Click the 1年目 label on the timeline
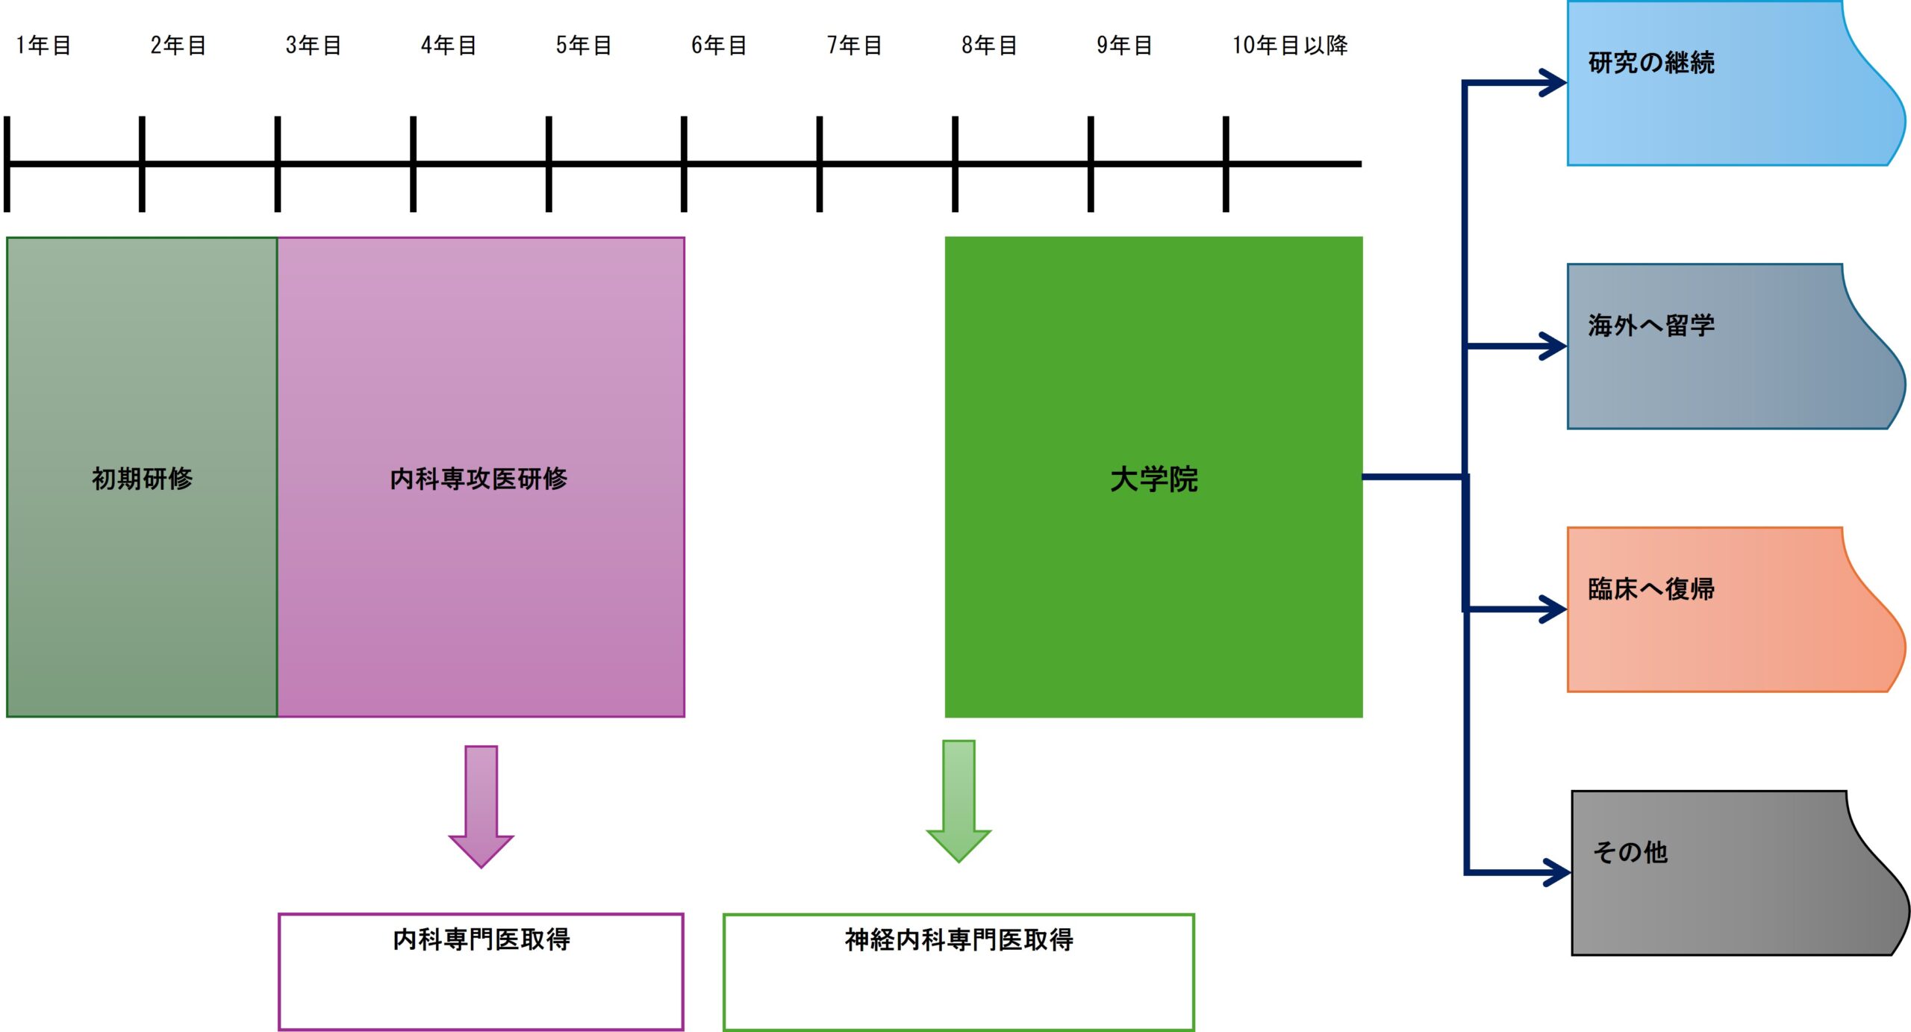43,46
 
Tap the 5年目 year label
584,46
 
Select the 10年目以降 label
1289,46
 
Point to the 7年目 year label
854,46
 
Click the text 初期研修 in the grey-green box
142,479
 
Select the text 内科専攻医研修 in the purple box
478,479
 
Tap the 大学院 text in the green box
1153,479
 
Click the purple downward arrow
481,806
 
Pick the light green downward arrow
958,801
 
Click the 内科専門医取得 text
481,939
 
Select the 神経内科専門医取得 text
958,939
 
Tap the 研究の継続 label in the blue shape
1651,63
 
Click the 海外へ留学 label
1651,326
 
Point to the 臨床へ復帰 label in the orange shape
1651,589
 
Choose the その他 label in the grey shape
1630,852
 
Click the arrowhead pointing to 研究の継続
1554,82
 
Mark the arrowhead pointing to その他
1558,871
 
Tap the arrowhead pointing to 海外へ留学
1554,346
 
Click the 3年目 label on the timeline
314,46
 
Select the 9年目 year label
1124,46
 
